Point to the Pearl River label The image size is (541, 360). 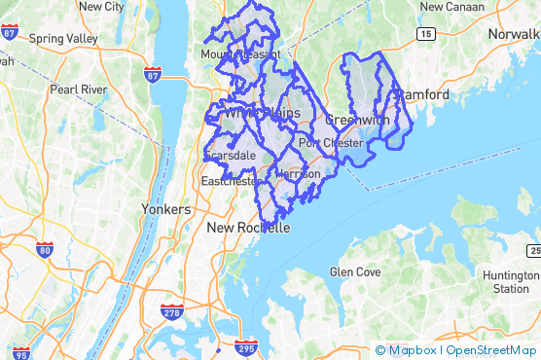pyautogui.click(x=78, y=90)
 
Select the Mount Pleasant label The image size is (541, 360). pyautogui.click(x=240, y=54)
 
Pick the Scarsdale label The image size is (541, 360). pyautogui.click(x=229, y=156)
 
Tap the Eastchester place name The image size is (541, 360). pyautogui.click(x=230, y=182)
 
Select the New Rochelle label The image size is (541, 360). pyautogui.click(x=248, y=228)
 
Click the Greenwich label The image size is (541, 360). pyautogui.click(x=357, y=120)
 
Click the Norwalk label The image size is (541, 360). pyautogui.click(x=513, y=34)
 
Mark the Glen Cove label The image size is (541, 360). pyautogui.click(x=355, y=272)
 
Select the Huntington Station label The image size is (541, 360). pyautogui.click(x=511, y=282)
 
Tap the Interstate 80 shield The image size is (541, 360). pyautogui.click(x=45, y=250)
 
